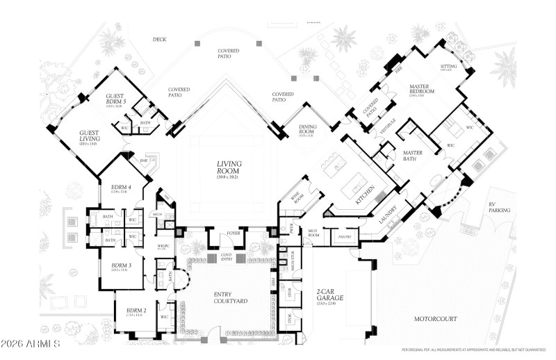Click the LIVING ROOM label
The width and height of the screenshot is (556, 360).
pos(227,167)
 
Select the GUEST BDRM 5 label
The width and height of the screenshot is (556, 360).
pos(115,101)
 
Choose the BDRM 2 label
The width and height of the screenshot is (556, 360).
pos(136,311)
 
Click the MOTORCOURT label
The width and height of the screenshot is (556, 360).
pos(435,320)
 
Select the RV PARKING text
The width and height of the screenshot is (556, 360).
pos(499,206)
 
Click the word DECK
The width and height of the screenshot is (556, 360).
pos(159,40)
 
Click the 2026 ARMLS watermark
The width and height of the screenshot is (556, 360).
pos(31,344)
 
